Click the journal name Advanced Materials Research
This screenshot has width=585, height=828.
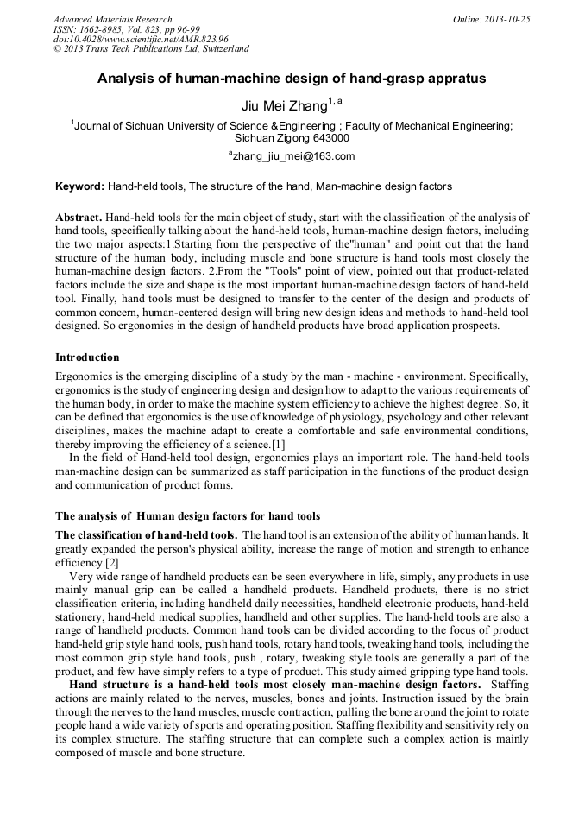pyautogui.click(x=112, y=19)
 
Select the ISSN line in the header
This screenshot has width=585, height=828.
pyautogui.click(x=127, y=29)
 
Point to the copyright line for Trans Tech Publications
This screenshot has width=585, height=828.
pyautogui.click(x=151, y=49)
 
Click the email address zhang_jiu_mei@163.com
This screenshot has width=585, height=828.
pyautogui.click(x=294, y=156)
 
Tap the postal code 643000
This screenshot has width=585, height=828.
pyautogui.click(x=330, y=137)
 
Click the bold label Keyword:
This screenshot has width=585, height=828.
pyautogui.click(x=79, y=186)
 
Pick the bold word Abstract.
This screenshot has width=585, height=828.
pyautogui.click(x=79, y=218)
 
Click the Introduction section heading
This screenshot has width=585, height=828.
pyautogui.click(x=87, y=357)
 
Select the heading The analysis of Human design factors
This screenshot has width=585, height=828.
pyautogui.click(x=187, y=515)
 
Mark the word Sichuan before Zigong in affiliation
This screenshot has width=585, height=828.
pyautogui.click(x=256, y=137)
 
